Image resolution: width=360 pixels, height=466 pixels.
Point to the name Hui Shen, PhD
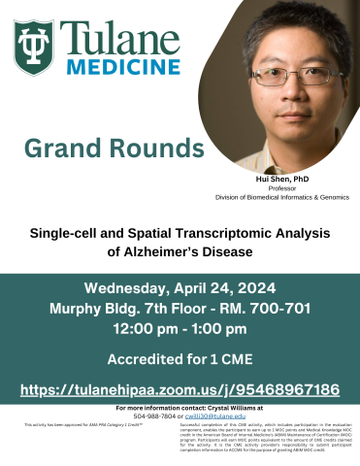(281, 181)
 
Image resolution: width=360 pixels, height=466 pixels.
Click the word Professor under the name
(281, 188)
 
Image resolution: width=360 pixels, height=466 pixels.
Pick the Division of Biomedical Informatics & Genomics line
(281, 197)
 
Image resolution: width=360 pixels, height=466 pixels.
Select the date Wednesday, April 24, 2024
(180, 288)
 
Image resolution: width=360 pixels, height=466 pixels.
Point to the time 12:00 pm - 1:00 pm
(180, 328)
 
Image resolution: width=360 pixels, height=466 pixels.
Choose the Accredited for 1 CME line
(180, 358)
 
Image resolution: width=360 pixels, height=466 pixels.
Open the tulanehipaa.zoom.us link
(180, 389)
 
